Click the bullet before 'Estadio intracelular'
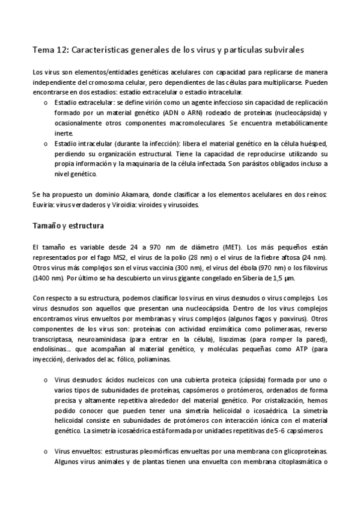[x=47, y=145]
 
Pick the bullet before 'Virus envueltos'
[x=47, y=452]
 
